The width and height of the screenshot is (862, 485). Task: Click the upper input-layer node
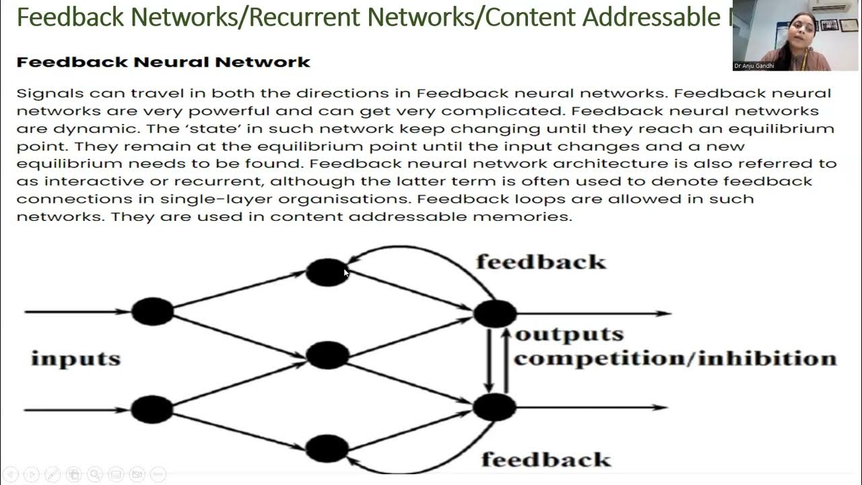152,312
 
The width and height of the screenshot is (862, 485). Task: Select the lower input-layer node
152,409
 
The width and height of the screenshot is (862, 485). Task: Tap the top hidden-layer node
327,272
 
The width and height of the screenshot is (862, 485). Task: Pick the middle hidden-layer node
327,355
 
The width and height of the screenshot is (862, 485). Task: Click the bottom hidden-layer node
327,449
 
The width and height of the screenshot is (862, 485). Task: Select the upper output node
495,313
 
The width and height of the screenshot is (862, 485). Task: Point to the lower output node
495,408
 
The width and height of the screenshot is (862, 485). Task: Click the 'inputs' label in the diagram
75,358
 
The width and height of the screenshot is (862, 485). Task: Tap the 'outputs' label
569,334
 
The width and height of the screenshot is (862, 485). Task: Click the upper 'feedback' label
541,261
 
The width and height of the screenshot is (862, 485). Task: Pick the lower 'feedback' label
545,459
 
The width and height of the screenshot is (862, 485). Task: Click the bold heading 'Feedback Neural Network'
163,62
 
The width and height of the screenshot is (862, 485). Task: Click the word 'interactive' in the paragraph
90,181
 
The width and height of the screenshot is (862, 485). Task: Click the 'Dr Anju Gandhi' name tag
754,66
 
